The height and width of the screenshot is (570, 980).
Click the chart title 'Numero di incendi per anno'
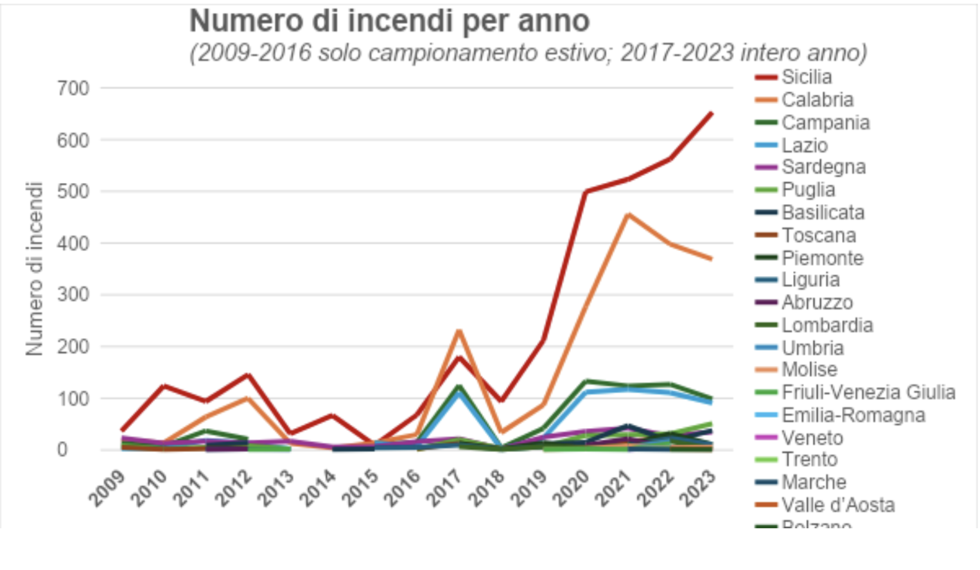click(389, 21)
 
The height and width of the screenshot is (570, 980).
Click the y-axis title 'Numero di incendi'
click(34, 268)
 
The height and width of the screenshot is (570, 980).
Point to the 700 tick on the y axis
click(73, 88)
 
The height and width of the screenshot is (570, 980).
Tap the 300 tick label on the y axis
click(73, 295)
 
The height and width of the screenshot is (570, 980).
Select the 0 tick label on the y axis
click(62, 449)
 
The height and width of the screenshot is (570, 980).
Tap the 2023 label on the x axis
click(699, 489)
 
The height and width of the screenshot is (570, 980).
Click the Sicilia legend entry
click(807, 77)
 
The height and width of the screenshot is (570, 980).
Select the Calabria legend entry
click(817, 100)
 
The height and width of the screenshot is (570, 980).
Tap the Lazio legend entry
click(804, 146)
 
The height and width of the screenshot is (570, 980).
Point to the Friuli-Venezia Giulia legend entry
click(868, 392)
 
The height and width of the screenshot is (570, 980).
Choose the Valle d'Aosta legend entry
click(838, 505)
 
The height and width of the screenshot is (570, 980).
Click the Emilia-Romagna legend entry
click(853, 415)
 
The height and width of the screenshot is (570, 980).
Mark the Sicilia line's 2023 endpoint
click(712, 114)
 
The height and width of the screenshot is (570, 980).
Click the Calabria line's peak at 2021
click(627, 214)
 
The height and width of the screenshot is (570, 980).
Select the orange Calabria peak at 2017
click(459, 331)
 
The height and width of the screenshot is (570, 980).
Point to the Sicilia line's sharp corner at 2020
click(586, 192)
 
